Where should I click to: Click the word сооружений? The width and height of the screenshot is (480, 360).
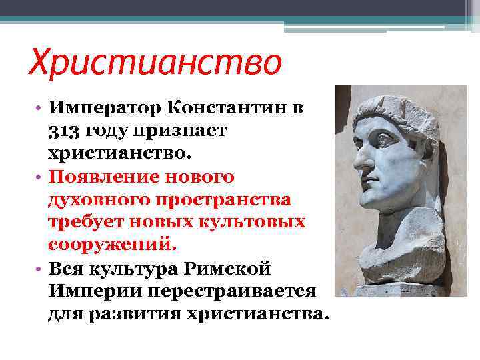112,245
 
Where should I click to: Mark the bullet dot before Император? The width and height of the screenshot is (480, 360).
41,109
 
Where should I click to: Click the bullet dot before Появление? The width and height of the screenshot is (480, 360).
41,177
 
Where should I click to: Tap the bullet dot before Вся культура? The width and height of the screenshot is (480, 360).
41,269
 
